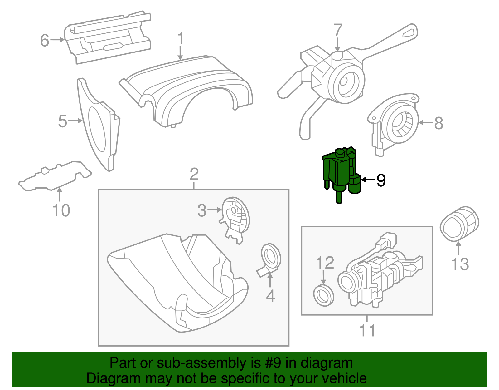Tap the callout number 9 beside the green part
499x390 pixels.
tap(381, 180)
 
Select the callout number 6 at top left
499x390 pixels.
tap(45, 40)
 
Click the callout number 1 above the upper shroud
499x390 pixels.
tap(180, 39)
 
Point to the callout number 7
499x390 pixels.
tap(338, 31)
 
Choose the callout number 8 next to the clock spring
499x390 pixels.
tap(438, 123)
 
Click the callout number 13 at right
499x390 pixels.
tap(460, 264)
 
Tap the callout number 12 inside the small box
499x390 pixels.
tap(325, 263)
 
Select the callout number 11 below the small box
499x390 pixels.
tap(367, 330)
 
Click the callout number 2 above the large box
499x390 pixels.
tap(194, 174)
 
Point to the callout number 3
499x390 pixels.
tap(202, 210)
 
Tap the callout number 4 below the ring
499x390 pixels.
tap(270, 296)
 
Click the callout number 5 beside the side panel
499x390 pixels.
tap(63, 121)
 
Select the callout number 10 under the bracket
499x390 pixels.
tap(61, 210)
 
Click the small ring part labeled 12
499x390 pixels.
tap(323, 295)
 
